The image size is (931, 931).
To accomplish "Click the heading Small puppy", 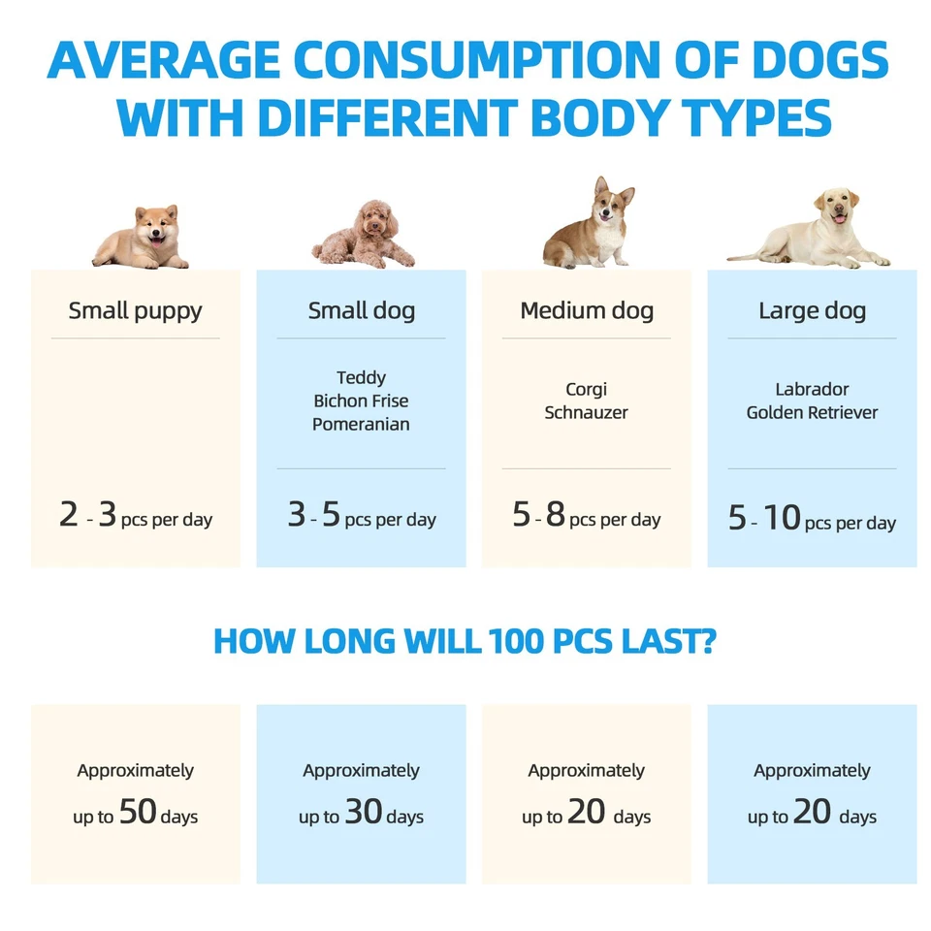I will click(135, 311).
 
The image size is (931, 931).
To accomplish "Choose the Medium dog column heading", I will click(587, 311).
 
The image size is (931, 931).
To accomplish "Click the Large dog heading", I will click(812, 311).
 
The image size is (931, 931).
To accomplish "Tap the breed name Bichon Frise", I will click(361, 401).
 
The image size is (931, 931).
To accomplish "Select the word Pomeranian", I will click(361, 424).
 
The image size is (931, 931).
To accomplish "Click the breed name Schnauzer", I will click(586, 412).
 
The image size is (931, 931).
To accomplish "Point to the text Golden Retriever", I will click(812, 412).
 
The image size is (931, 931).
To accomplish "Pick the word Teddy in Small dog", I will click(361, 377).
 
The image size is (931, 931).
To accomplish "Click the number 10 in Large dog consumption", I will click(781, 519).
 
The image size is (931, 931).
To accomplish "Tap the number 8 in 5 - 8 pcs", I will click(555, 515).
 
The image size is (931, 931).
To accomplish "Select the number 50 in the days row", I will click(138, 813).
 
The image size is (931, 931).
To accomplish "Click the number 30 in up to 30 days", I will click(364, 813).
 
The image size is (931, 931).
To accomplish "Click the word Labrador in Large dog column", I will click(812, 389).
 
